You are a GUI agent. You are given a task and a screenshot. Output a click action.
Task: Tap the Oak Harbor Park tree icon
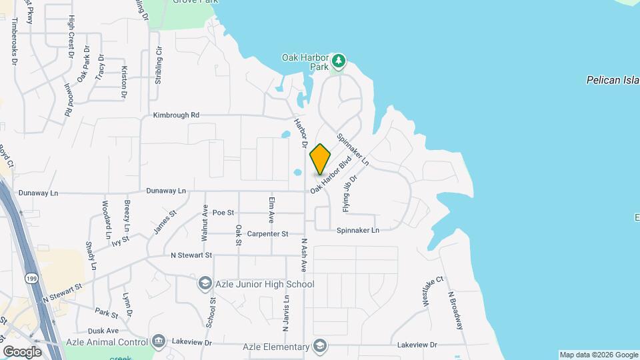coord(339,61)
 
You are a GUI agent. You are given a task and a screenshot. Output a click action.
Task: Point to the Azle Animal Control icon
coord(158,341)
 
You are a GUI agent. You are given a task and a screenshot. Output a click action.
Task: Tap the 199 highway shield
coord(31,276)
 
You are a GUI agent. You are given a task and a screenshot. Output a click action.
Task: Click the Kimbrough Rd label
coord(176,115)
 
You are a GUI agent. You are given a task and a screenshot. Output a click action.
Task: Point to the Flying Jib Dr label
coord(351,194)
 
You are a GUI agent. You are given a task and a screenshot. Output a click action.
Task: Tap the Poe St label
coord(223,213)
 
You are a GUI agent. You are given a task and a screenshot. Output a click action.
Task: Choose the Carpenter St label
coord(267,234)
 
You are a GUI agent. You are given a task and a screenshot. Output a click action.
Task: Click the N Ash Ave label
coord(303,255)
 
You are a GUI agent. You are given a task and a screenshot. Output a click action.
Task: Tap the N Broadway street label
coord(455,310)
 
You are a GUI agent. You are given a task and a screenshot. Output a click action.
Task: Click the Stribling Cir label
coord(159,65)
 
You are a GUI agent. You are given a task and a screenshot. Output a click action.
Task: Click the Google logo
coord(22,351)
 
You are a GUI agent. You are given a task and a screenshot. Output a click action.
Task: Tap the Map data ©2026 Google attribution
coord(598,355)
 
